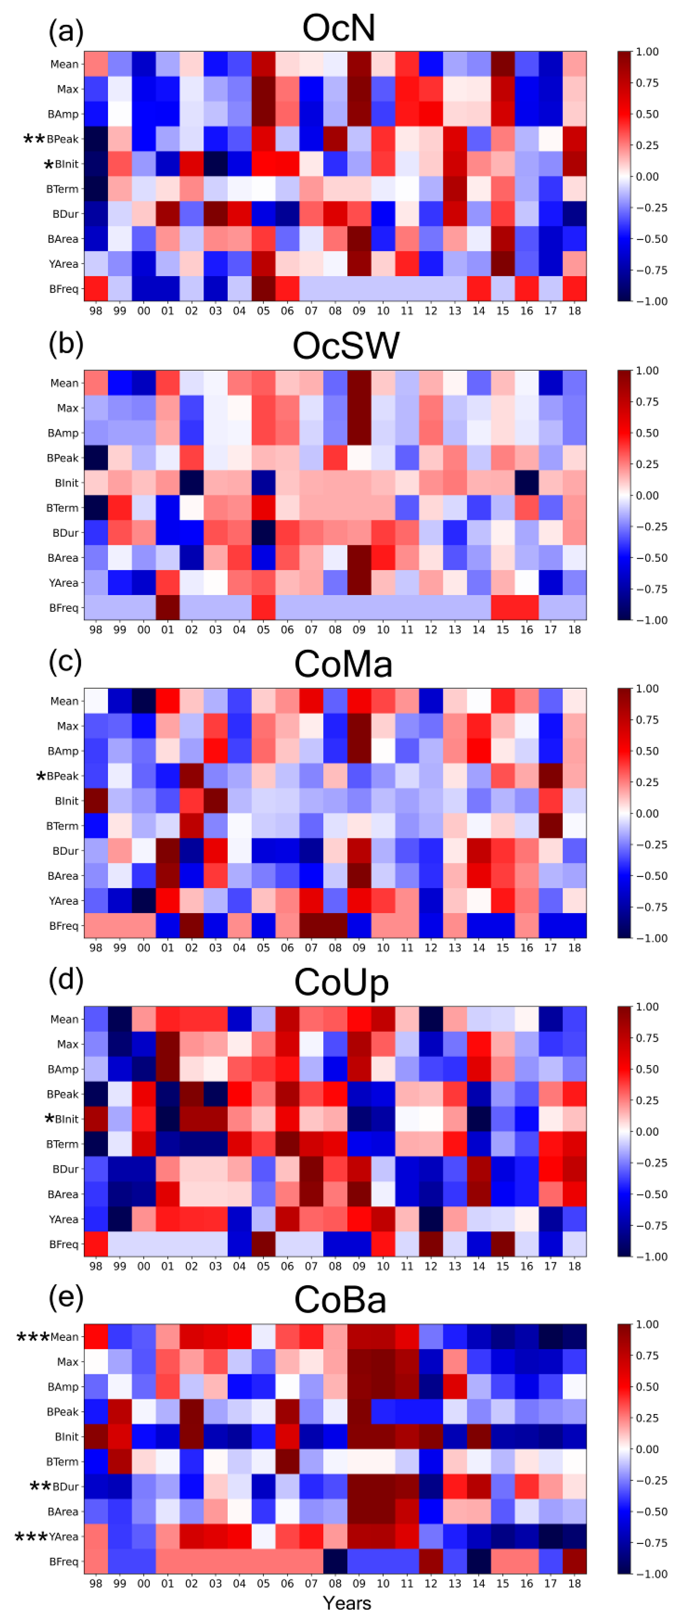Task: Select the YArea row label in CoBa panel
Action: [64, 1537]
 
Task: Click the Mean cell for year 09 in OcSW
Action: [359, 383]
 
